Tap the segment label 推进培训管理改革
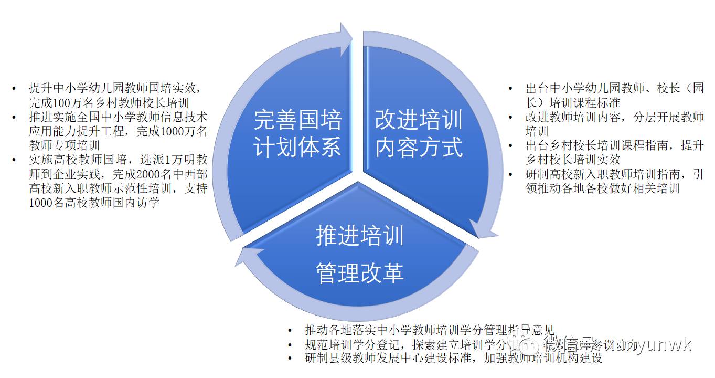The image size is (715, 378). point(359,255)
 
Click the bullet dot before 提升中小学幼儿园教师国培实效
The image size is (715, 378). point(14,88)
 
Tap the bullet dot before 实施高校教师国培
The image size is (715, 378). point(14,160)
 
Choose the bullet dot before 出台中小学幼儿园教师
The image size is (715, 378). point(510,88)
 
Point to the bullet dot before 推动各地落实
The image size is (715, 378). point(290,330)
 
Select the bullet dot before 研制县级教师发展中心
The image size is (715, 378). point(290,359)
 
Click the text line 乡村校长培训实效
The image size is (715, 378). point(573,160)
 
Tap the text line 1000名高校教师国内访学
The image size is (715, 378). point(94,203)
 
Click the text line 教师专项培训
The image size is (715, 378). point(65,145)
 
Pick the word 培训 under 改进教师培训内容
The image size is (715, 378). point(537,131)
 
